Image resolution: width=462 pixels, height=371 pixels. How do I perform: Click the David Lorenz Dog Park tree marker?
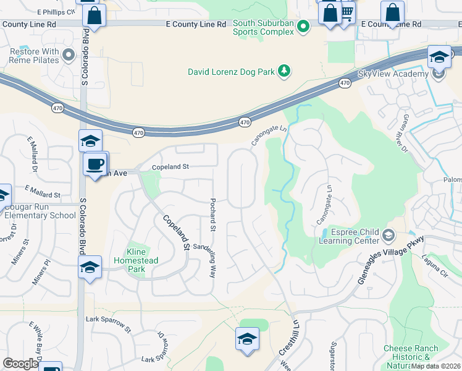[284, 72]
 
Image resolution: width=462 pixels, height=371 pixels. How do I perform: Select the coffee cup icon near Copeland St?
[95, 165]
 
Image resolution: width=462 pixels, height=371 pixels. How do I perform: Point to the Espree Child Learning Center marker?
[388, 236]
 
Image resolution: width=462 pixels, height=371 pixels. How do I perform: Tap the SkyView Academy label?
[393, 74]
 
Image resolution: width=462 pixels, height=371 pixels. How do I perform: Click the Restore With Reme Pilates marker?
[69, 56]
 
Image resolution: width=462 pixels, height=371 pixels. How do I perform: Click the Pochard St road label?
[212, 215]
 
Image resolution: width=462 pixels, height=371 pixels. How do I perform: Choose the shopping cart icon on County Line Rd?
[347, 12]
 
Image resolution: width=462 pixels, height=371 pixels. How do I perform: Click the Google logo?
[20, 364]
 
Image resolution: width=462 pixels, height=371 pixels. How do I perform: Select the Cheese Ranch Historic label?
[410, 353]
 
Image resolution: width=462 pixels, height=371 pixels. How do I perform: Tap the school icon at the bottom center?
[247, 339]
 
